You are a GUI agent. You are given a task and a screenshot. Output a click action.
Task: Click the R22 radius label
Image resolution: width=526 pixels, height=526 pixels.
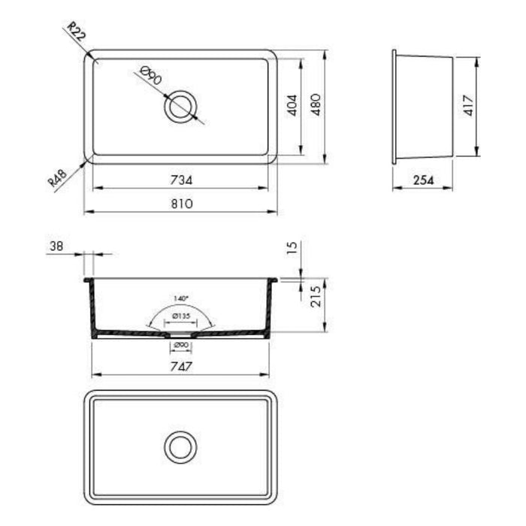[x=77, y=32]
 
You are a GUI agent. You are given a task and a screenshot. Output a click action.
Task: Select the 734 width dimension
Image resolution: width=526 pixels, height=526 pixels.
[x=181, y=180]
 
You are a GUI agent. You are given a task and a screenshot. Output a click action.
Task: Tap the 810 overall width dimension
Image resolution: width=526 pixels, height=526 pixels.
[x=182, y=204]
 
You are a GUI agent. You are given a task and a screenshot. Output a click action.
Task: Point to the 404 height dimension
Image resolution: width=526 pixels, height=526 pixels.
[x=292, y=105]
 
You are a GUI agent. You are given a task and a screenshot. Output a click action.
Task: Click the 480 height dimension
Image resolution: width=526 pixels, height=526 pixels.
[x=316, y=105]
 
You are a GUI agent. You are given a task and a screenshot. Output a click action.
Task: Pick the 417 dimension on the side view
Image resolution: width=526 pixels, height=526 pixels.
[x=468, y=105]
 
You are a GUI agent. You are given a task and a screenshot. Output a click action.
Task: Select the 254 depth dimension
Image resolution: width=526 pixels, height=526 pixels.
[x=423, y=180]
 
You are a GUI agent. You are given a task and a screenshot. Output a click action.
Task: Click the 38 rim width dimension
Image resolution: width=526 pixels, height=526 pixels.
[x=56, y=246]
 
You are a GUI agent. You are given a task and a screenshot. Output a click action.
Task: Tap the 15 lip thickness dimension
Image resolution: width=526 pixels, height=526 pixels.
[x=292, y=247]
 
